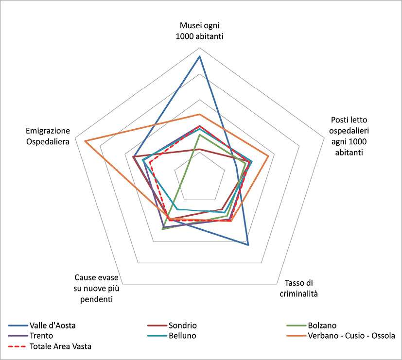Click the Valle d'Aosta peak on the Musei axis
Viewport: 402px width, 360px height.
pyautogui.click(x=199, y=57)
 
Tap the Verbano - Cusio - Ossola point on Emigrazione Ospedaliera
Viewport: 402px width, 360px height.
pyautogui.click(x=85, y=141)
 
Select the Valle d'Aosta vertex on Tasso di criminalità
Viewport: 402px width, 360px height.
pyautogui.click(x=248, y=244)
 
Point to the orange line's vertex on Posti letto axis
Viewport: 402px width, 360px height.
pyautogui.click(x=268, y=155)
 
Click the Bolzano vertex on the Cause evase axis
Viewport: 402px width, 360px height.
pyautogui.click(x=162, y=229)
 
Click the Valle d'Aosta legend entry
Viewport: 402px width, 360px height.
pyautogui.click(x=52, y=325)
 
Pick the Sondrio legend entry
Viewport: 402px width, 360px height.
pyautogui.click(x=183, y=325)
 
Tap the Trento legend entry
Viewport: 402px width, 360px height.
pyautogui.click(x=41, y=336)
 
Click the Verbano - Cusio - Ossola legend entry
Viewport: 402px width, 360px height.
pyautogui.click(x=351, y=336)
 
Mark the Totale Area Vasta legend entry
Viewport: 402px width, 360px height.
pyautogui.click(x=60, y=346)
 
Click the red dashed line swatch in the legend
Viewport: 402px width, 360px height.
pyautogui.click(x=17, y=346)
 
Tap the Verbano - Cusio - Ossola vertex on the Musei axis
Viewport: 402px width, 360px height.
pyautogui.click(x=199, y=115)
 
